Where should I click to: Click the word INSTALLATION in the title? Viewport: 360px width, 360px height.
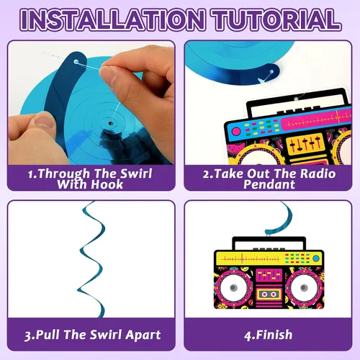point(113,19)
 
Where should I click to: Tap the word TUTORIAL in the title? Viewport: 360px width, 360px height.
point(276,19)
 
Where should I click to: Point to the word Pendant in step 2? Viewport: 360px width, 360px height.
point(269,184)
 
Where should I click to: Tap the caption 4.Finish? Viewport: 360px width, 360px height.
point(269,335)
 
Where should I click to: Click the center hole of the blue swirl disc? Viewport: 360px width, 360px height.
point(111,124)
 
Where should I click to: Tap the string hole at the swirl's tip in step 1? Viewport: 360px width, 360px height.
point(76,62)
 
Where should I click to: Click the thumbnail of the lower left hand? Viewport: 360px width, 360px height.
point(45,120)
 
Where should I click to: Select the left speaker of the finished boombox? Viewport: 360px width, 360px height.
point(234,287)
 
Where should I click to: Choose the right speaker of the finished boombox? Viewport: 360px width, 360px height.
point(304,287)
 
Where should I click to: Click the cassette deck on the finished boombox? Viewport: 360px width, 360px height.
point(269,294)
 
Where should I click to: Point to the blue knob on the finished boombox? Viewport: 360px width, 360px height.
point(316,258)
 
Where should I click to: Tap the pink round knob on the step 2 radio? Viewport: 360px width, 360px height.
point(236,131)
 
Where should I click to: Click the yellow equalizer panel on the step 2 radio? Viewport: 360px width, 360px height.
point(305,143)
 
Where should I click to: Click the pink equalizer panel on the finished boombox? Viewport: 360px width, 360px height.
point(269,276)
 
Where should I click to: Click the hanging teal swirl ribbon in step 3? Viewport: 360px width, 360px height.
point(92,259)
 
